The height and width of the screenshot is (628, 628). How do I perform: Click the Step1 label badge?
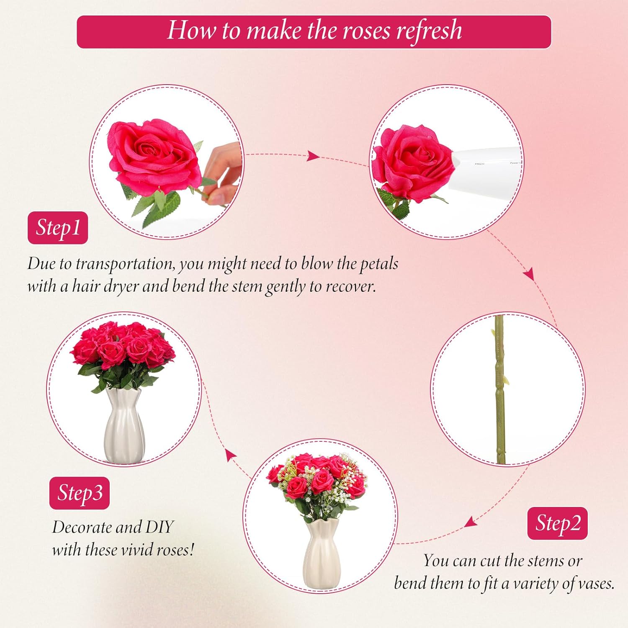(x=58, y=228)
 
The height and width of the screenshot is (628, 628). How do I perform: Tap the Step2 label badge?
(x=557, y=523)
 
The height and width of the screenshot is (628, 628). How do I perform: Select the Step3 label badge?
(x=80, y=493)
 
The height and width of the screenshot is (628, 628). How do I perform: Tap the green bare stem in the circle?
(x=499, y=389)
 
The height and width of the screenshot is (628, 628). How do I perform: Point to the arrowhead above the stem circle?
(x=529, y=275)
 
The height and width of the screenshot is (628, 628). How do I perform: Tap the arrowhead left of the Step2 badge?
(x=471, y=522)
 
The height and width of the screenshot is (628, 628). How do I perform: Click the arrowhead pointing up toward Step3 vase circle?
(x=230, y=455)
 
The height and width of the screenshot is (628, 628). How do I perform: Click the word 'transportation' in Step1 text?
(x=125, y=264)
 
